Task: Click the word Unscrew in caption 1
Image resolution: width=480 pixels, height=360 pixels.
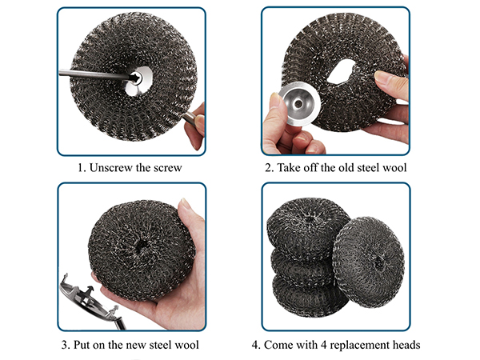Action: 111,168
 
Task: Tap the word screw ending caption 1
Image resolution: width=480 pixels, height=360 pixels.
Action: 167,168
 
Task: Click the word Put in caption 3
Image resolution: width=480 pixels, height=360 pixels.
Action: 81,345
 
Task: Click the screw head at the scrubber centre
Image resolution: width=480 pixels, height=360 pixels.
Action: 136,78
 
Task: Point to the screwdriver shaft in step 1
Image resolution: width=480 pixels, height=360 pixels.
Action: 95,75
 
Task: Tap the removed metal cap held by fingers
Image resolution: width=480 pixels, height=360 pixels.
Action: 300,104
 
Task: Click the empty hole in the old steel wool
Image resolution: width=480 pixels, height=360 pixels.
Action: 342,71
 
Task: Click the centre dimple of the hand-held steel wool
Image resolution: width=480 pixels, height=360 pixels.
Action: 142,245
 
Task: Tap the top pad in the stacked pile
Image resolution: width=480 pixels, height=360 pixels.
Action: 307,229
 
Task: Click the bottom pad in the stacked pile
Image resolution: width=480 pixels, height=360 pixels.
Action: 309,299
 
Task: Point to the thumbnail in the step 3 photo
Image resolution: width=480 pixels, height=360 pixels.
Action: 186,204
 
